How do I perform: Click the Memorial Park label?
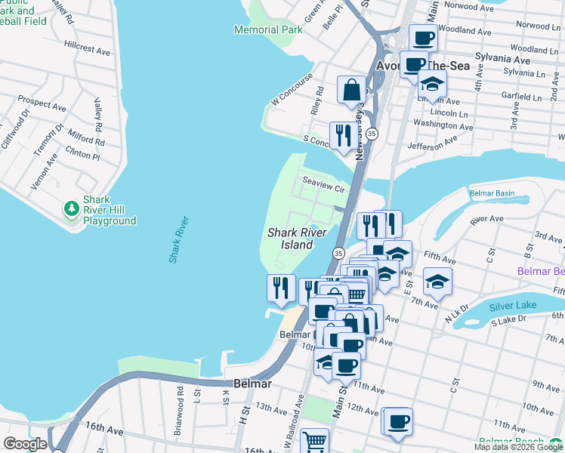[268, 29]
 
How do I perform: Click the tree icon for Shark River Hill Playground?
[72, 208]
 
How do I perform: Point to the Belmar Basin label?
[492, 193]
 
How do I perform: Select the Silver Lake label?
[513, 306]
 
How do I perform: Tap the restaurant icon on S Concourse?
[344, 136]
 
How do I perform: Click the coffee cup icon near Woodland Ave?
[423, 37]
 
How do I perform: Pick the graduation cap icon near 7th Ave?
[438, 281]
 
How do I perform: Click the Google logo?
[25, 444]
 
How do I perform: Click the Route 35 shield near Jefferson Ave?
[372, 133]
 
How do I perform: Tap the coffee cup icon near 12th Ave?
[398, 421]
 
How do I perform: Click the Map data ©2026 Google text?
[518, 447]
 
